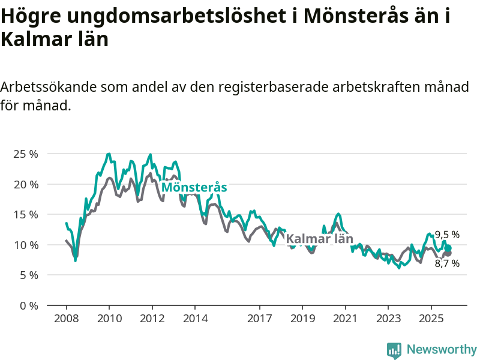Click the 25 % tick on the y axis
coord(25,154)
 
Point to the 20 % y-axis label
coord(25,184)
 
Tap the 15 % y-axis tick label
coord(25,214)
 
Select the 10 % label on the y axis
coord(25,245)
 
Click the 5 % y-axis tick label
coord(28,275)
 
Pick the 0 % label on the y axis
coord(28,305)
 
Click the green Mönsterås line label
coord(194,187)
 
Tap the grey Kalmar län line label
coord(319,239)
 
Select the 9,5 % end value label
coord(447,235)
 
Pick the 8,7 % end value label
coord(447,263)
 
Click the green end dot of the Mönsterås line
coord(448,248)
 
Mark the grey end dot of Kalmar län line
coord(448,253)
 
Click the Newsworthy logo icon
coord(394,350)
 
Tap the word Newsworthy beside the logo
coord(442,349)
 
